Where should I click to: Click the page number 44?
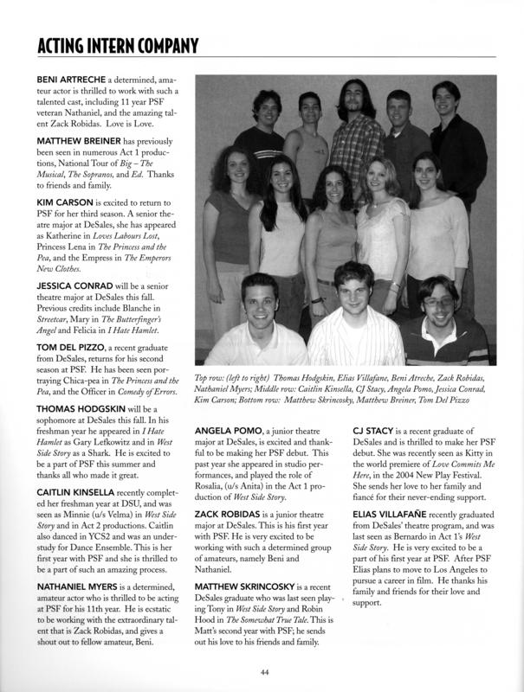262,670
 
